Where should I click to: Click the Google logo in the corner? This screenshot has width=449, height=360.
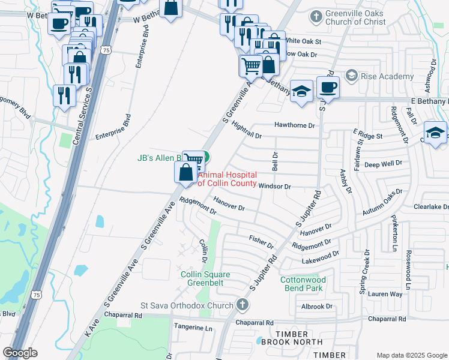point(20,353)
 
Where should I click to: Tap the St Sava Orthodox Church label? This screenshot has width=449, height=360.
point(187,306)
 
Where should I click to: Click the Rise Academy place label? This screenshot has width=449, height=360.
point(387,76)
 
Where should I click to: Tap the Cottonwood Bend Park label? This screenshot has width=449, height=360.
point(303,284)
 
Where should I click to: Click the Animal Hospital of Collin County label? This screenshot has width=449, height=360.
point(227,179)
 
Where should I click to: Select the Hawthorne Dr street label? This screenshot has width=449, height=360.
point(294,125)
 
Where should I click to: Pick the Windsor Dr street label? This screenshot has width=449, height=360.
point(274,187)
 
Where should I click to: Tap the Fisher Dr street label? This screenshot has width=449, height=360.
point(261,242)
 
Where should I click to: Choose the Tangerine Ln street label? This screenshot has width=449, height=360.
point(193,328)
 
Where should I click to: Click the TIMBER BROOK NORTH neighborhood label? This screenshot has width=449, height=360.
point(292,334)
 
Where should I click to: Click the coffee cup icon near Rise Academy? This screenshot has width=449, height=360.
point(328,87)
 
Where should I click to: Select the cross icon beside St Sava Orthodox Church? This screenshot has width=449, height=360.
point(242,305)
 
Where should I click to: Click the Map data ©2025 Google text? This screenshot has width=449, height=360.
point(412,355)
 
